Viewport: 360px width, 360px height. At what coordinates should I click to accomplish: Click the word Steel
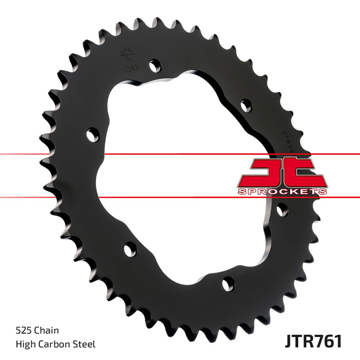(85, 345)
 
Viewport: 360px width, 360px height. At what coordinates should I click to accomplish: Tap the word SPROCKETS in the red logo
(282, 191)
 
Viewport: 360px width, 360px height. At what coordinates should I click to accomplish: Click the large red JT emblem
(281, 172)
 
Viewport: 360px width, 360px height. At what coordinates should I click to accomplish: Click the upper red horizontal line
(180, 154)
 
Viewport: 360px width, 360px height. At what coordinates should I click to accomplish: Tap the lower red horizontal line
(180, 197)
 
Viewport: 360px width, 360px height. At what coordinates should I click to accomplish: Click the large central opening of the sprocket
(180, 180)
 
